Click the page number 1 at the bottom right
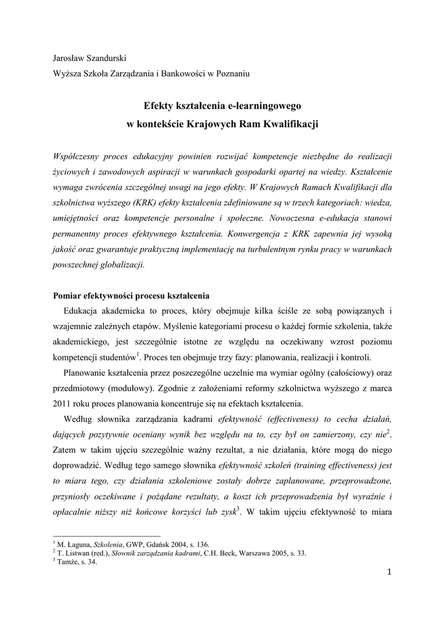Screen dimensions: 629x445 click(389, 572)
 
